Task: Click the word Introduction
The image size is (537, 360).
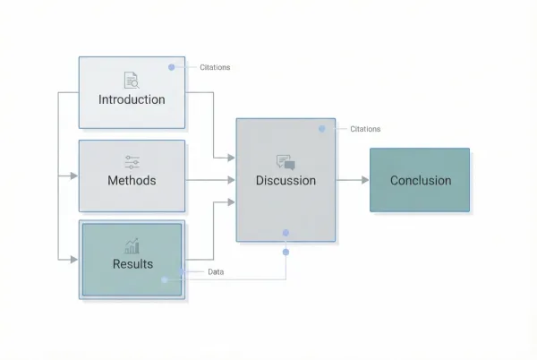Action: [x=132, y=99]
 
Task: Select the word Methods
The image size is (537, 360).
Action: [x=132, y=180]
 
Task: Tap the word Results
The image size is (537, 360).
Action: [x=132, y=263]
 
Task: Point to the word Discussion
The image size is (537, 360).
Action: [x=286, y=180]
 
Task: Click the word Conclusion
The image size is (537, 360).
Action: [x=420, y=180]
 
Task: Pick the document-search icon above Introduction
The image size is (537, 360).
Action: [x=132, y=81]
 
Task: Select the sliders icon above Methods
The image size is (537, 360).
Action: [x=132, y=162]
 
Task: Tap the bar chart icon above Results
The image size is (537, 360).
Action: [x=132, y=245]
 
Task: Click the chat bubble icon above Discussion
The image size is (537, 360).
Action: [x=286, y=162]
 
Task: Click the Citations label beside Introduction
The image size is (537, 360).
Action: [x=214, y=67]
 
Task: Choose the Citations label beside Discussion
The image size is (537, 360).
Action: [x=365, y=129]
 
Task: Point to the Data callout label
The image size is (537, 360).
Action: [x=216, y=271]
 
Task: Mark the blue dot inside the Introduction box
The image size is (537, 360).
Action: [x=171, y=67]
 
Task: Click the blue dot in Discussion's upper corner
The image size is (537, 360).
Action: [x=322, y=129]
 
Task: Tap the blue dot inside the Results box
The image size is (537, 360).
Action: [x=165, y=279]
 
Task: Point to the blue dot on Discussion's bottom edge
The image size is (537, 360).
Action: [x=286, y=233]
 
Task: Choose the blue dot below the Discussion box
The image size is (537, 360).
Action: [x=286, y=252]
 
